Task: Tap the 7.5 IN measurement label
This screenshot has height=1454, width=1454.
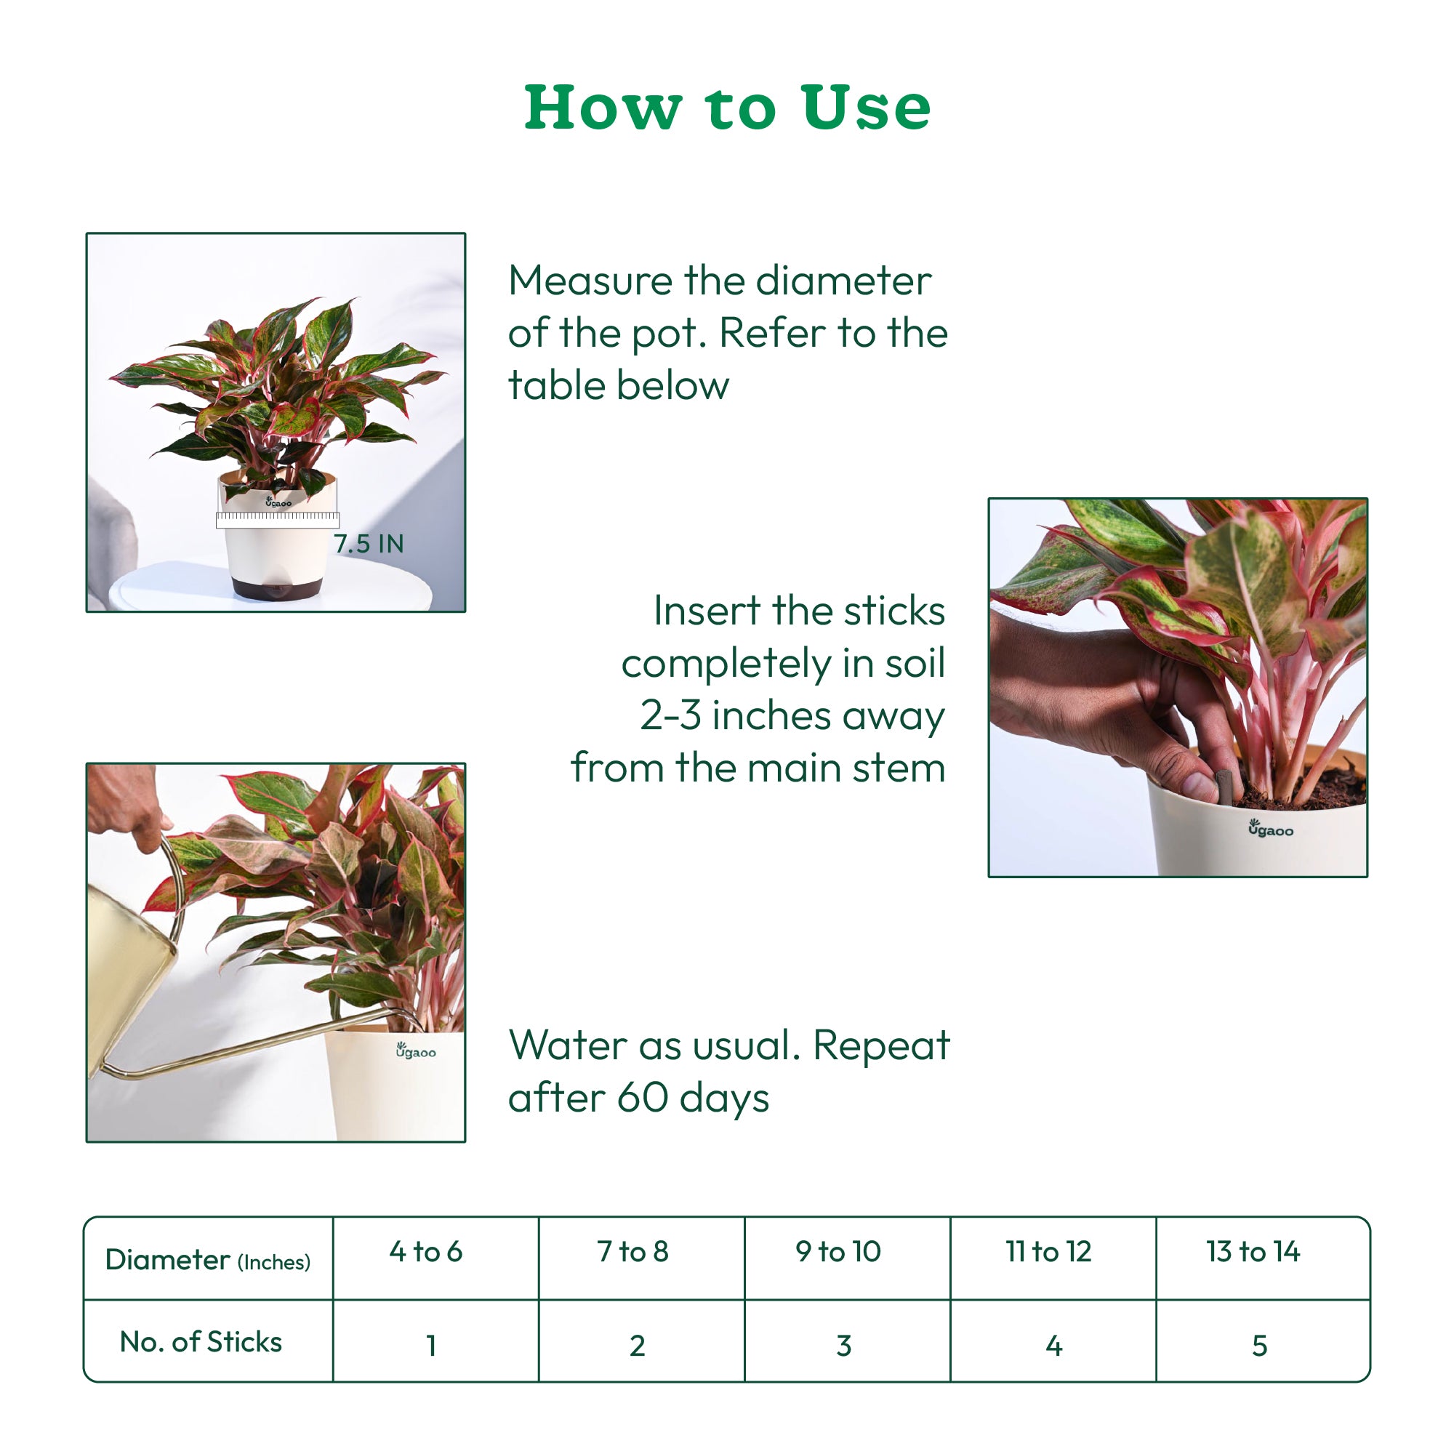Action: [x=368, y=543]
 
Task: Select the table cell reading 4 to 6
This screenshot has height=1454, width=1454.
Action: [x=426, y=1252]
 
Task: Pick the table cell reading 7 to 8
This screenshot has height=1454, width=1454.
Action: [x=633, y=1252]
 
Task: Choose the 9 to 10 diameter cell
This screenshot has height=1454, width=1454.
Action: [x=838, y=1252]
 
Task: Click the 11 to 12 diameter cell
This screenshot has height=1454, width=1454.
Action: [x=1048, y=1252]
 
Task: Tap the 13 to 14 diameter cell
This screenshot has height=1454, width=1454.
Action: [x=1253, y=1252]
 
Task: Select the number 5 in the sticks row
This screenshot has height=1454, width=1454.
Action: [x=1259, y=1346]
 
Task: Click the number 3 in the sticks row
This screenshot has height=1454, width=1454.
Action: [x=843, y=1346]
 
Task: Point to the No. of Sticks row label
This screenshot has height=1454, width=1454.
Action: [x=201, y=1342]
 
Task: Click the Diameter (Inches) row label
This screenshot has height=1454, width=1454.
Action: [x=208, y=1260]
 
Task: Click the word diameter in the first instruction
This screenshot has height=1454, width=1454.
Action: [x=843, y=281]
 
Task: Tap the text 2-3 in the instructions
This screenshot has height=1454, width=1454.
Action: [x=670, y=715]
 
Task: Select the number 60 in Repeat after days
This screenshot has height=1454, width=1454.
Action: [x=642, y=1097]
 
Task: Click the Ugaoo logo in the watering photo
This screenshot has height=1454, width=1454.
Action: [x=415, y=1051]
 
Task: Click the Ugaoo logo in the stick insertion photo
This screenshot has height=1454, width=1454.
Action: [x=1270, y=829]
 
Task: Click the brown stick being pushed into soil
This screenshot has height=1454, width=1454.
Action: [x=1222, y=785]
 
